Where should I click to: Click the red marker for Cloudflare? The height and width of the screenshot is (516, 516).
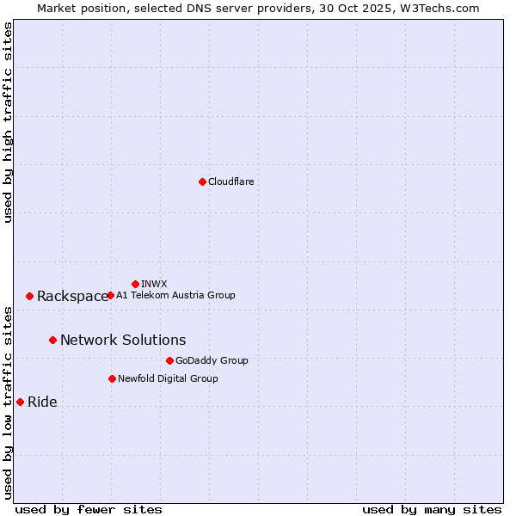[x=202, y=181]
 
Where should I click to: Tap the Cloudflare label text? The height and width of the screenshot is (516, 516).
[x=231, y=181]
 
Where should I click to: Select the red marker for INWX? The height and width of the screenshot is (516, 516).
[x=135, y=284]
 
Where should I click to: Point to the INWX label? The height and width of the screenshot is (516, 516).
[x=154, y=284]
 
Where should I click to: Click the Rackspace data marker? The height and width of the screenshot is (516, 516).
[x=29, y=296]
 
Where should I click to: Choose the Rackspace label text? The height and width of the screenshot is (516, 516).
[x=72, y=297]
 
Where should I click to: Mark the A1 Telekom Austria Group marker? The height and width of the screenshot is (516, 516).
[x=110, y=295]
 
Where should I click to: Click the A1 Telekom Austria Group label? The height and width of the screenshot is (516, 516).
[x=175, y=295]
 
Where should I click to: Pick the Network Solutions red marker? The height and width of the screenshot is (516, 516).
[x=52, y=340]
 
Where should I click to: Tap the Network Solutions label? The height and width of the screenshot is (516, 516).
[x=123, y=341]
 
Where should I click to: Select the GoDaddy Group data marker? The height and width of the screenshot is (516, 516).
[x=169, y=360]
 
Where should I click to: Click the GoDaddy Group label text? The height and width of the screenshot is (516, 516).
[x=212, y=360]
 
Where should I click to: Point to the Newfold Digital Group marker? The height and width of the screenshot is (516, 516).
[x=112, y=378]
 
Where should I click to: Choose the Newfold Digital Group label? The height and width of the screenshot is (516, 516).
[x=168, y=378]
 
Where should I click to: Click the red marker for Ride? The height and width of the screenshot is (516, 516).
[x=20, y=402]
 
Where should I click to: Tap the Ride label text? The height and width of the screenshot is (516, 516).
[x=42, y=402]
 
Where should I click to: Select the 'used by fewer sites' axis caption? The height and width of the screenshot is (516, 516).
[x=89, y=509]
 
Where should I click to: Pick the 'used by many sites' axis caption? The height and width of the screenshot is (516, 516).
[x=432, y=509]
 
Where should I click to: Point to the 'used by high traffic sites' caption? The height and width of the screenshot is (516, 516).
[x=8, y=122]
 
